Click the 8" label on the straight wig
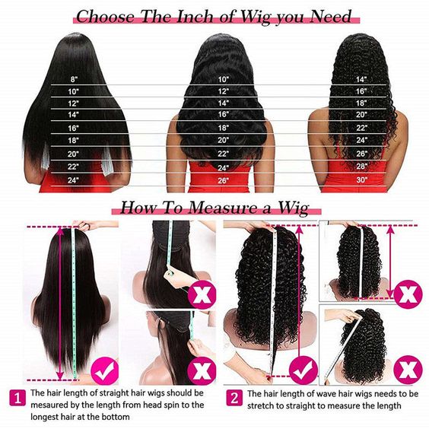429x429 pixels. [74, 79]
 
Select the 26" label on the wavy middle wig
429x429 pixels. [224, 180]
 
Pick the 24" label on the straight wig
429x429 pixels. [74, 180]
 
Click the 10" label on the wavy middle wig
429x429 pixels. [224, 79]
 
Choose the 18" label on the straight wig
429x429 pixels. [74, 141]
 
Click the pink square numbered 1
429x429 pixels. [15, 396]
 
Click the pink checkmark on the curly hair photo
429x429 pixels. [303, 371]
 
